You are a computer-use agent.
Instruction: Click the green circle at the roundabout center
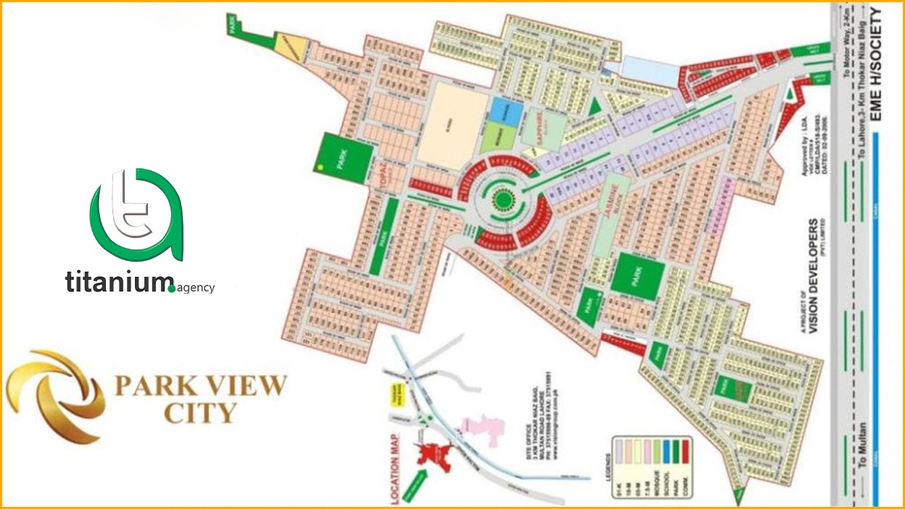tap(502, 196)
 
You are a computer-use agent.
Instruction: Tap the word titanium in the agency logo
tap(116, 282)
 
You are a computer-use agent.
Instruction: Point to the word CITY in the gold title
tap(200, 413)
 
